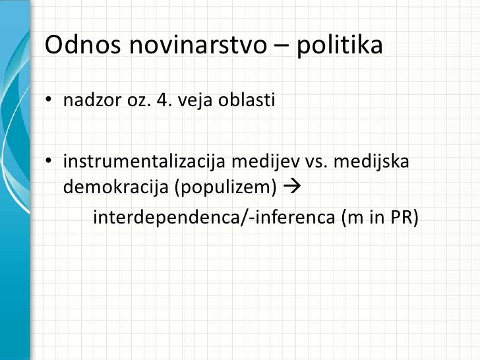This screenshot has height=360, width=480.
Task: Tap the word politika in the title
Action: pos(340,45)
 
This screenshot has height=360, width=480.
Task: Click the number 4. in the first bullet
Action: pos(161,102)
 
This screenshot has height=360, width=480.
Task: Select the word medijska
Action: pos(372,162)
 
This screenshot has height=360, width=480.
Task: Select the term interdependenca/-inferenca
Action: pos(214,217)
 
